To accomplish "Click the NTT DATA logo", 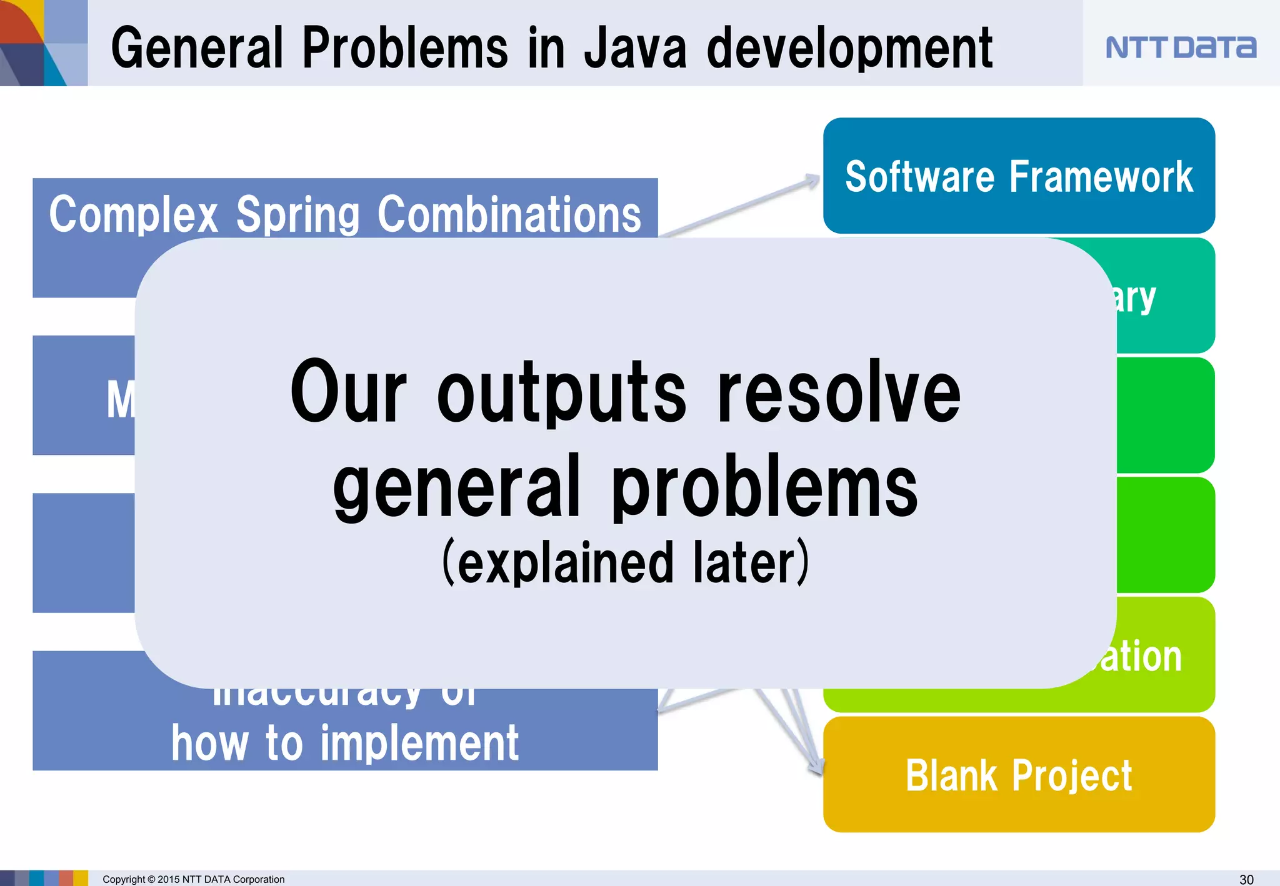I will (x=1180, y=47).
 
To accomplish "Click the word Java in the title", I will (x=635, y=49).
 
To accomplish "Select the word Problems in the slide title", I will (x=405, y=49).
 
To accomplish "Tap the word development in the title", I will (x=849, y=49).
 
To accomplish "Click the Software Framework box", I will (x=1019, y=176).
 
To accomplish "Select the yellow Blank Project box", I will (x=1019, y=775).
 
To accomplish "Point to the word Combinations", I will (x=509, y=214).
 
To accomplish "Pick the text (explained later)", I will (x=626, y=562).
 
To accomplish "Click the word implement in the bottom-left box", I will (x=419, y=744).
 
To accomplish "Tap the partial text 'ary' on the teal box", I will (x=1134, y=299).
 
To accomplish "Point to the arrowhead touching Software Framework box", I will (x=812, y=181).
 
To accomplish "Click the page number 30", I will (x=1246, y=879).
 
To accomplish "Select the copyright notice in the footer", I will (x=193, y=879).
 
